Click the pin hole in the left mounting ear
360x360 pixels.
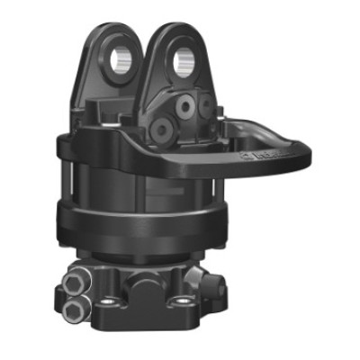(121, 62)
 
